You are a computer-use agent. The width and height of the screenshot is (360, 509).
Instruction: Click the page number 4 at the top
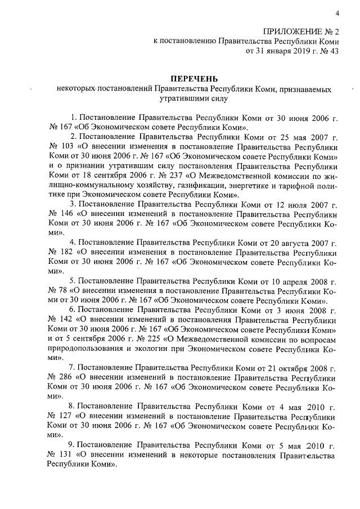(x=337, y=13)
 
